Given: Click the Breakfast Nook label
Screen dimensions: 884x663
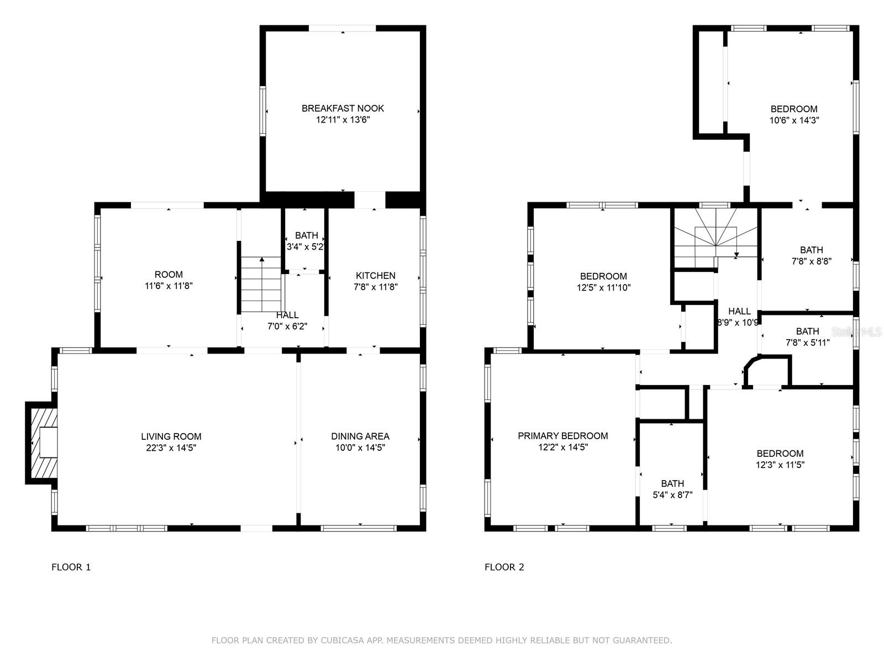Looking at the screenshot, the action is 343,108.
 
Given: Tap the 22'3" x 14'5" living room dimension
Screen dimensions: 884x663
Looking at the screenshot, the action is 171,448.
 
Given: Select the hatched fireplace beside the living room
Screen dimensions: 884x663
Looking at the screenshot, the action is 41,443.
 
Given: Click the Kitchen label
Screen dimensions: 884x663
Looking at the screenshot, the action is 375,276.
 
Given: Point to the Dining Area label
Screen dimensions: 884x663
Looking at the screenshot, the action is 360,436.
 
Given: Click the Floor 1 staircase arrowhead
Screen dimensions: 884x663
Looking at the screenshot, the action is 262,260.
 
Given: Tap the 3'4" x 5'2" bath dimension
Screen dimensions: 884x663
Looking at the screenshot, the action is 306,247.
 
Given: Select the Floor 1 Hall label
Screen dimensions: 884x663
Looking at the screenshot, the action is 287,315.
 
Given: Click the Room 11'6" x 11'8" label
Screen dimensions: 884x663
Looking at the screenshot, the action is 169,280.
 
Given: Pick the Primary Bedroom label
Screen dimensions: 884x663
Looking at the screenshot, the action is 562,436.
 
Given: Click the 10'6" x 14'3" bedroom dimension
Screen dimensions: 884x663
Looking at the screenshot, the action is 794,120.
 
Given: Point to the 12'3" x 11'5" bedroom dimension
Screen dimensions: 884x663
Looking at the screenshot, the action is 780,465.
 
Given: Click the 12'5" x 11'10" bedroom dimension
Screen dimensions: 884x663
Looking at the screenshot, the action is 603,288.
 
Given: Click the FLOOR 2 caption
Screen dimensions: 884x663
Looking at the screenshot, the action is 504,567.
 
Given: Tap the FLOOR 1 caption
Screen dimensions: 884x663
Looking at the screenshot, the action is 71,567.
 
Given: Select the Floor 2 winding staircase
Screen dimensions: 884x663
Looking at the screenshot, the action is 716,238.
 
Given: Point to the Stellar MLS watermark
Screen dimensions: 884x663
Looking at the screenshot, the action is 856,332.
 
